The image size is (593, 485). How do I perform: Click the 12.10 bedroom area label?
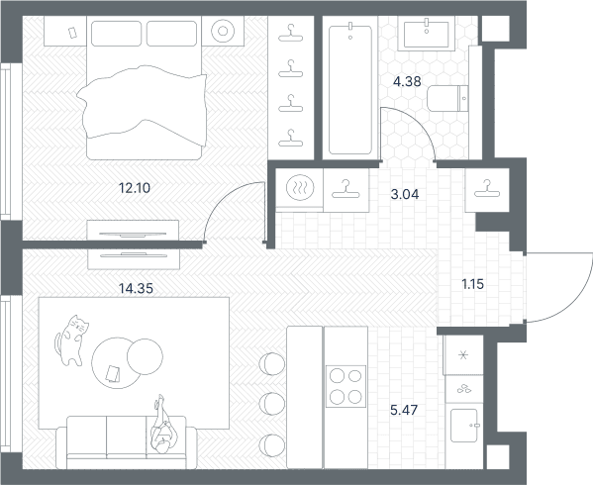coord(135,188)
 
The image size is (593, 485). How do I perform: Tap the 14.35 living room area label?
coord(136,288)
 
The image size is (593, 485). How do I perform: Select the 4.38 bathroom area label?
coord(407,81)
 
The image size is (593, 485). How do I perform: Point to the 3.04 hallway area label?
coord(405,194)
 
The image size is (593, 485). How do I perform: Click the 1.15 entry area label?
coord(473,284)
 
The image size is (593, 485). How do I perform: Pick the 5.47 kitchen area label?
coord(404,410)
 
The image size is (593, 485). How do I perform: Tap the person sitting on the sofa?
coord(162,426)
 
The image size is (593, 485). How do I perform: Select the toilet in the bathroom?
coord(447,98)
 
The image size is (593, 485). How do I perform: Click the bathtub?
coord(350,89)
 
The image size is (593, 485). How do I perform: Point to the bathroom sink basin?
coord(427,34)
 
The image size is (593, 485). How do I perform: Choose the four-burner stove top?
coord(346,386)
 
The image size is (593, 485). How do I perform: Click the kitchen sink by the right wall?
coord(464,426)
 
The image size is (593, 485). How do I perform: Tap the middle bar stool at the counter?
coord(272,404)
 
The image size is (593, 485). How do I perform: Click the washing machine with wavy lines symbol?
coord(300,187)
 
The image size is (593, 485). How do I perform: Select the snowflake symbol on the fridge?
coord(463,355)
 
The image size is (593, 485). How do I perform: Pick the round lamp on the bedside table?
coord(223,31)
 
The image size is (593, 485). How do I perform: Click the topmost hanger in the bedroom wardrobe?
coord(290,34)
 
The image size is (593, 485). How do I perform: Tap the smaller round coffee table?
coord(145,356)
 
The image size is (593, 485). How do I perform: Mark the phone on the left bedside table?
coord(72,33)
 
